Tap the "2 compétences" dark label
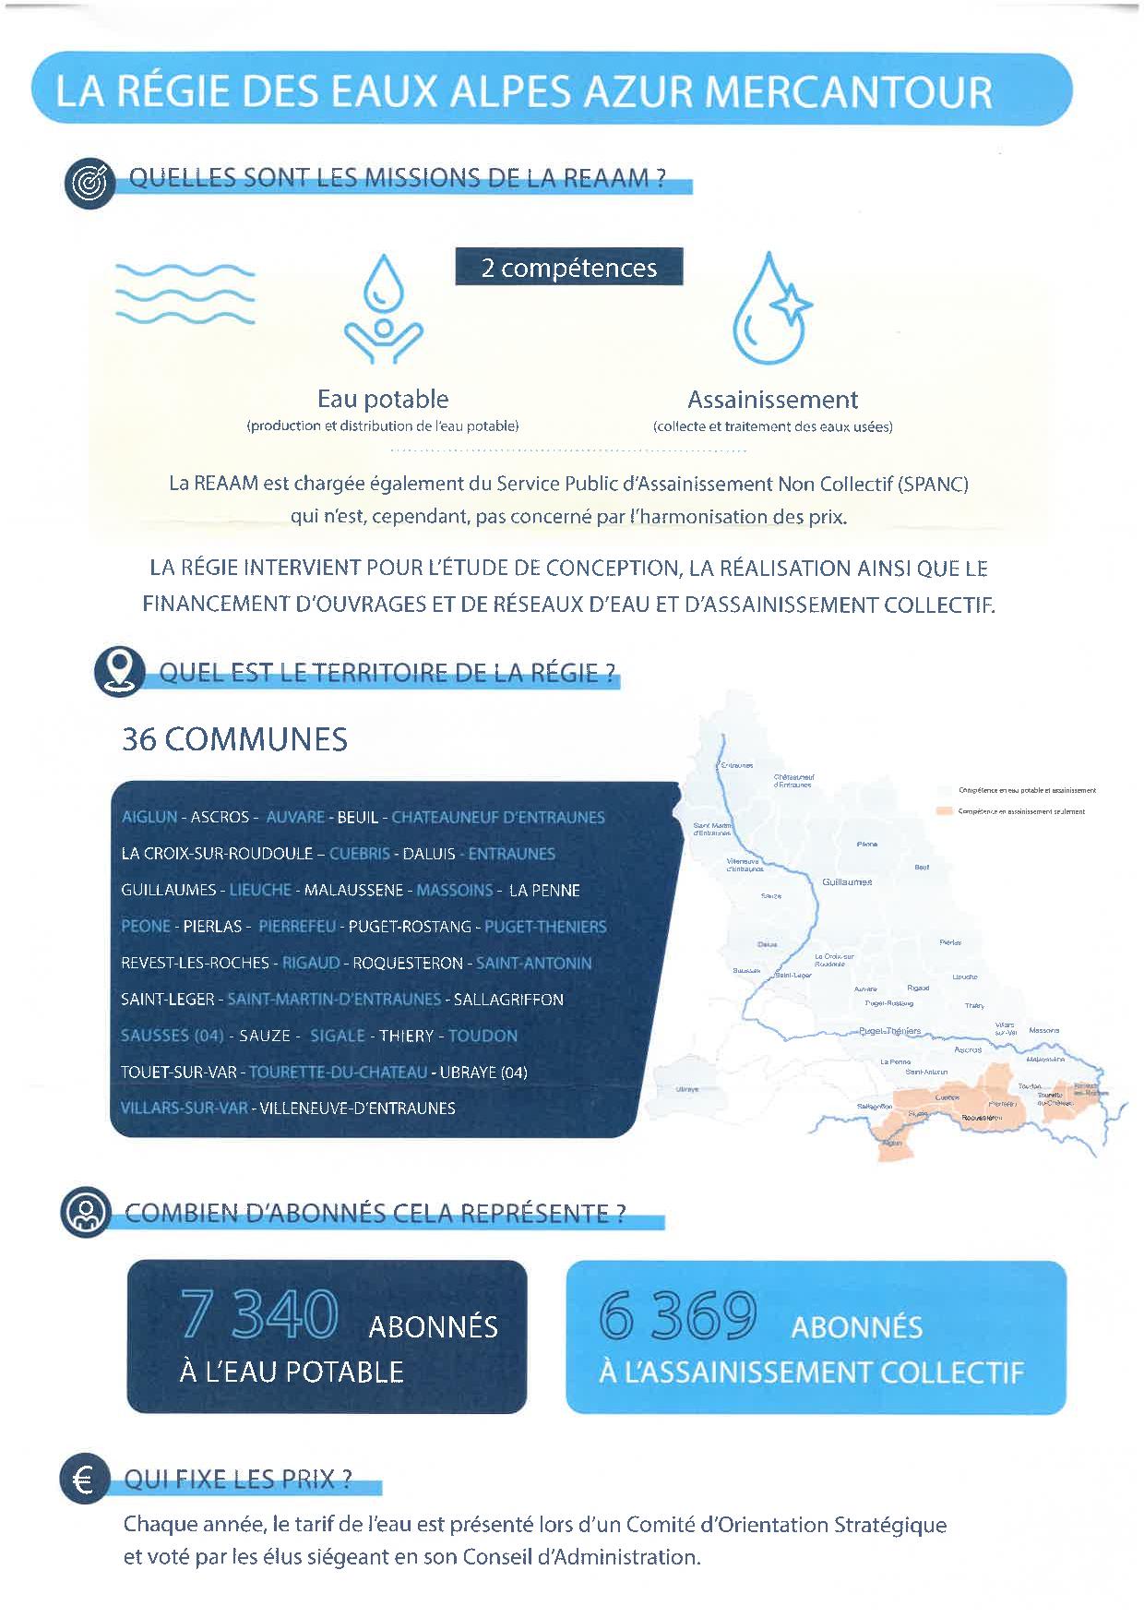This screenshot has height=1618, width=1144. tap(568, 268)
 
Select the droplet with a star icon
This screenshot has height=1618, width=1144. tap(771, 308)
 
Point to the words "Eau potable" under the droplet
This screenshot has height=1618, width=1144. tap(383, 399)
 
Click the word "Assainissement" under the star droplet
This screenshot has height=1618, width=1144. tap(772, 400)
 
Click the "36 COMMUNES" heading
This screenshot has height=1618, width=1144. tap(234, 739)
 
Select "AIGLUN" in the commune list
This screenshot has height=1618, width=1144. tap(149, 817)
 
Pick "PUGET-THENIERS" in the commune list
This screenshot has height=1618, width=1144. tap(545, 926)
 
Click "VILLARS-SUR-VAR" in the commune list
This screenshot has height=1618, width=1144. tap(184, 1108)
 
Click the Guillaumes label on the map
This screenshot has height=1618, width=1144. tap(846, 882)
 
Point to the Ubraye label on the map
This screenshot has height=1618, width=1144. tap(687, 1089)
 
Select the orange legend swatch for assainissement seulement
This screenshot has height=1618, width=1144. tap(944, 811)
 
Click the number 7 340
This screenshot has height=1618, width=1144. tap(259, 1315)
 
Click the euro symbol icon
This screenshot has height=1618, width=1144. tap(83, 1480)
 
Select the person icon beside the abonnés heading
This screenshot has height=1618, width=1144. tap(85, 1212)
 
